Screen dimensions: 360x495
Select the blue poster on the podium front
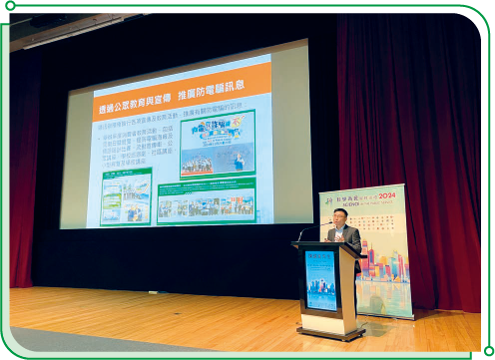(321, 279)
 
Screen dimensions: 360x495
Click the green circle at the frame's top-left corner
(10, 7)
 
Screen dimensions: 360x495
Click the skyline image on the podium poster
(320, 289)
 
